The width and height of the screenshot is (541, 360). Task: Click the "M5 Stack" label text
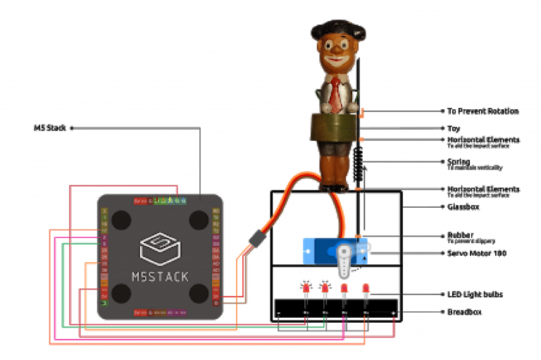[49, 128]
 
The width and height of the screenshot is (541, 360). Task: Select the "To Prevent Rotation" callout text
[483, 111]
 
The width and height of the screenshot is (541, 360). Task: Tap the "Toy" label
[454, 129]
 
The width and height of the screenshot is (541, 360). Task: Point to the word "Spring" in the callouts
[459, 161]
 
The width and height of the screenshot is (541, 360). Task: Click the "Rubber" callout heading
[460, 235]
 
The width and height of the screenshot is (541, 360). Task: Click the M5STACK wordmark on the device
[160, 275]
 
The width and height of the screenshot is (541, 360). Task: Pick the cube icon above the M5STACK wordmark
[160, 247]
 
